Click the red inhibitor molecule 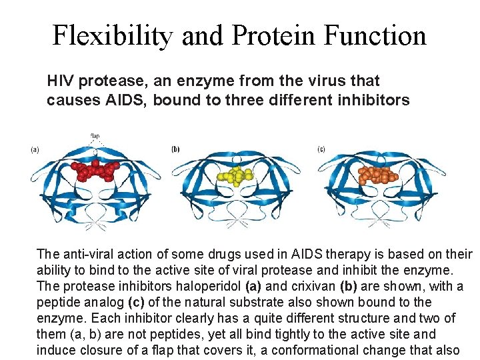tap(94, 171)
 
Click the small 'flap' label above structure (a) tap(95, 137)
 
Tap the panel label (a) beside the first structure tap(35, 150)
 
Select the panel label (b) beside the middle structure tap(175, 149)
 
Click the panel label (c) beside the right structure tap(321, 149)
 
